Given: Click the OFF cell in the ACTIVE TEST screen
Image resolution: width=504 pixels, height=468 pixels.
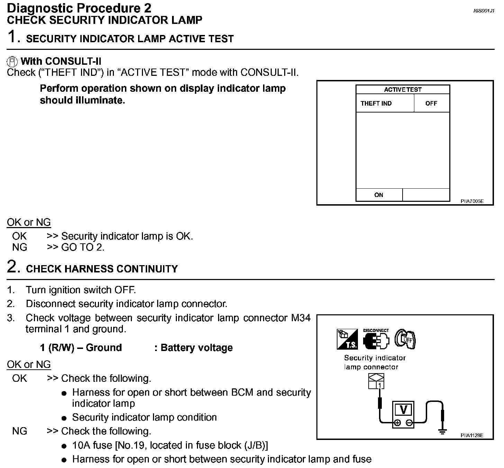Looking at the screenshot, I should [431, 103].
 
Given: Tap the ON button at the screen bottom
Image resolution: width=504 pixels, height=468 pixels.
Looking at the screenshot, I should [379, 195].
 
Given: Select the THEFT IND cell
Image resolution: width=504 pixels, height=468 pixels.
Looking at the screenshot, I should [376, 103].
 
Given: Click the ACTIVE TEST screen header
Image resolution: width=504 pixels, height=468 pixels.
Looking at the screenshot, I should [403, 89].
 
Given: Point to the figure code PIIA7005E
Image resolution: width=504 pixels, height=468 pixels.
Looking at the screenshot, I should [472, 201].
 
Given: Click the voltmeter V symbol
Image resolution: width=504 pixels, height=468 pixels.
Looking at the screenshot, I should [403, 410].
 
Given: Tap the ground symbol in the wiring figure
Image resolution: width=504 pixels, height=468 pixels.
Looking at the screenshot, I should [442, 431].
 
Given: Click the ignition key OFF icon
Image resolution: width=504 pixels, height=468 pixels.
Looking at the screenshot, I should [405, 339].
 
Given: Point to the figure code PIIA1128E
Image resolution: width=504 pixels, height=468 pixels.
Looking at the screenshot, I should [472, 435].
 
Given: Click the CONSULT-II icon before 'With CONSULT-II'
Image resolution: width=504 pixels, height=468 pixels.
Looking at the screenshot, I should [12, 62].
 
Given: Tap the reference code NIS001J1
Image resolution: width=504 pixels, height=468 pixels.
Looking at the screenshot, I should [484, 11].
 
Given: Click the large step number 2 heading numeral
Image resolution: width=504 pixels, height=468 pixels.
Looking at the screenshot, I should [12, 267].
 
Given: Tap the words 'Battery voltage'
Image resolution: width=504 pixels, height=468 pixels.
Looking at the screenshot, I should [197, 348].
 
